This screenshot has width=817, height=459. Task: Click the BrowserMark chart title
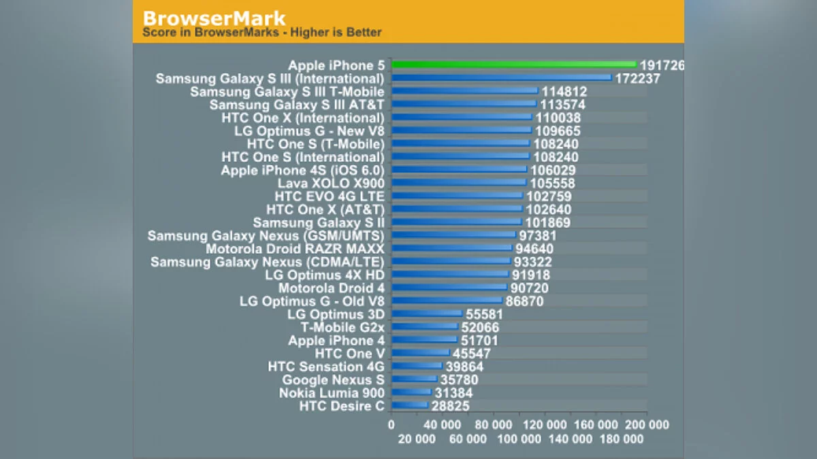[214, 18]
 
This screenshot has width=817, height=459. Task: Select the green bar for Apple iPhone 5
[513, 65]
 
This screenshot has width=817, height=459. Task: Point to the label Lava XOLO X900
[331, 184]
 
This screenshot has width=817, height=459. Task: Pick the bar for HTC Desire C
[409, 406]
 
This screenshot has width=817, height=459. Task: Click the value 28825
[450, 406]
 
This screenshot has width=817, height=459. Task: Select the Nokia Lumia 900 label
[332, 393]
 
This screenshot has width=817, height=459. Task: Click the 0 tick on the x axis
[391, 425]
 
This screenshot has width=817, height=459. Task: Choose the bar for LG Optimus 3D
[426, 314]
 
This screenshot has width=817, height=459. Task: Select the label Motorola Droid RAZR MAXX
[295, 249]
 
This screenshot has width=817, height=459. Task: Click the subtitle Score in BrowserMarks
[262, 32]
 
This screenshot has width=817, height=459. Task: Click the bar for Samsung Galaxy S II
[456, 223]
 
